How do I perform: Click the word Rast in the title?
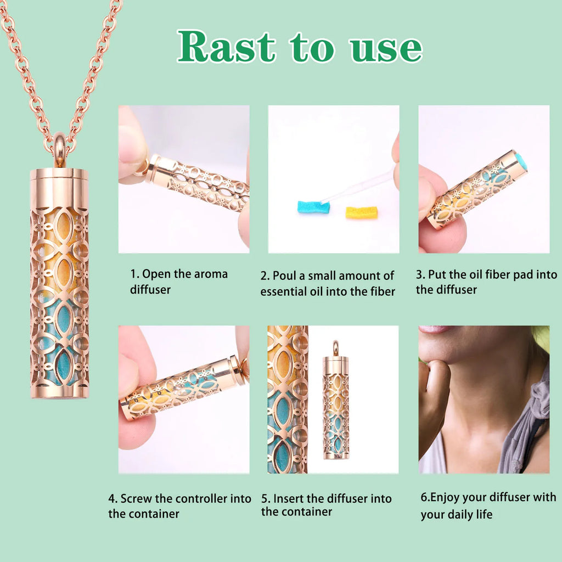click(227, 47)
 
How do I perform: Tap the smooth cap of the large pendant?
click(59, 189)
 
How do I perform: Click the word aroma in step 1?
click(211, 274)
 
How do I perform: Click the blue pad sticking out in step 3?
click(521, 161)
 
